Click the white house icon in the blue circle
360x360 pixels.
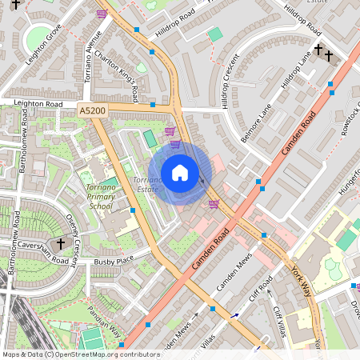click(180, 173)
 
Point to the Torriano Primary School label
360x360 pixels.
click(100, 195)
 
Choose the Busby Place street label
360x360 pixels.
click(114, 261)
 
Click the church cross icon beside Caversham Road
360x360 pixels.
click(60, 243)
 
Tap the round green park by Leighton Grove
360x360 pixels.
click(37, 37)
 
